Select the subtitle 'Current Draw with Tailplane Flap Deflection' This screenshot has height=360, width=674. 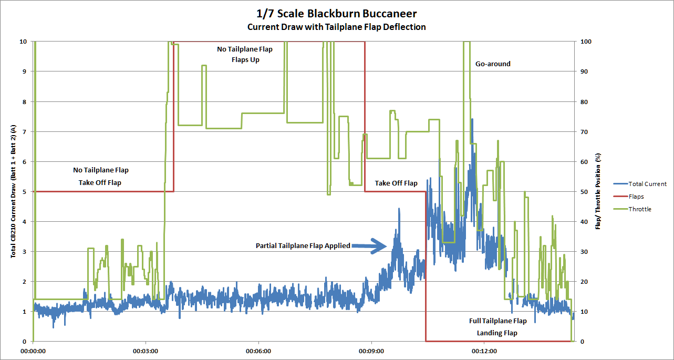[337, 27]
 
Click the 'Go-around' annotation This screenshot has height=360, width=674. [493, 64]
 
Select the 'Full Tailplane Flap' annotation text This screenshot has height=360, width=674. [497, 321]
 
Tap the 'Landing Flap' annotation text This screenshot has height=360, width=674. [497, 333]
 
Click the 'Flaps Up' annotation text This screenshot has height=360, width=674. [245, 60]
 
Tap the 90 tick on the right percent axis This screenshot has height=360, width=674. [586, 71]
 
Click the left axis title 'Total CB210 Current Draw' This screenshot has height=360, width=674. [13, 191]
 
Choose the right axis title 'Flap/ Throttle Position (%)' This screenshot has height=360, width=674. [598, 191]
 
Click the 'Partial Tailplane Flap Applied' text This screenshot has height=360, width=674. [303, 245]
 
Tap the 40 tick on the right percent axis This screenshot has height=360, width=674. [586, 222]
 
